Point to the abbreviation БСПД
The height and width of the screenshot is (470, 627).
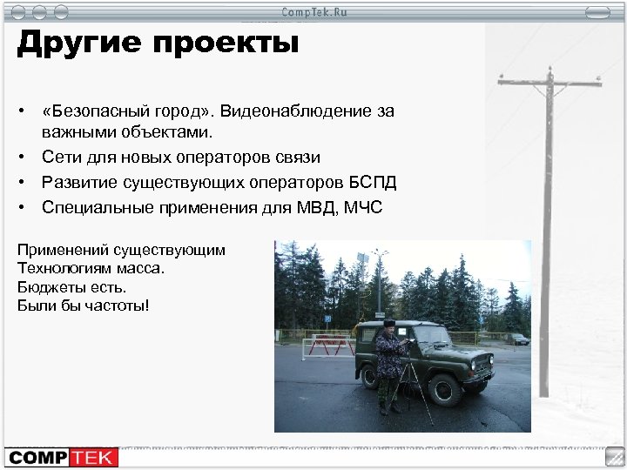point(374,183)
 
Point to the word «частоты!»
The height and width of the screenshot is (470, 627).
point(121,305)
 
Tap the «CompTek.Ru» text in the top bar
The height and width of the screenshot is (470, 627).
point(313,10)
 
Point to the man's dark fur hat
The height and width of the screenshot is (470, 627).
point(389,325)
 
